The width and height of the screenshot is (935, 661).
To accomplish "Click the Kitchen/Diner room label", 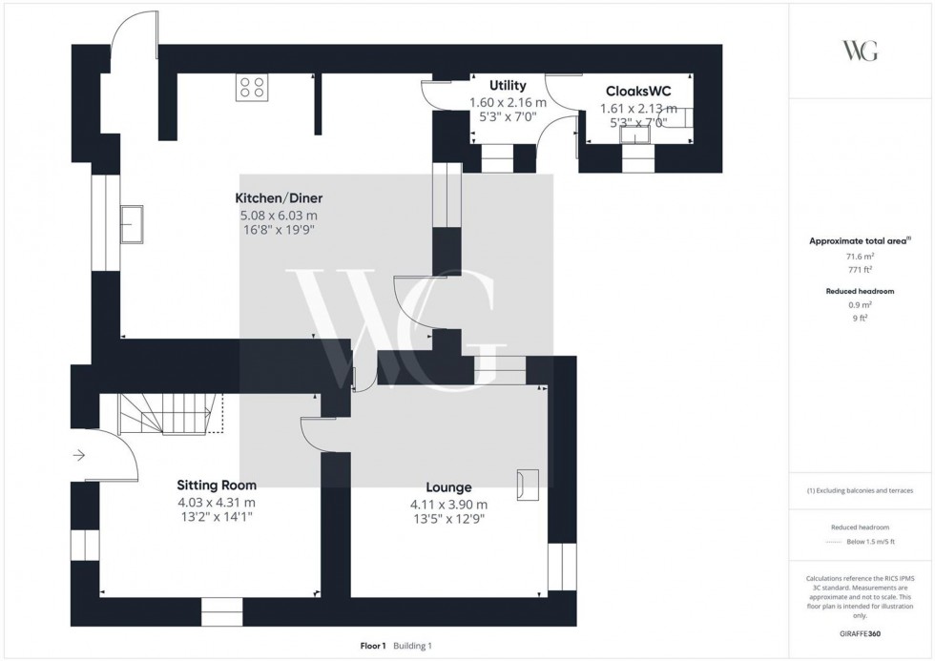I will (x=279, y=198).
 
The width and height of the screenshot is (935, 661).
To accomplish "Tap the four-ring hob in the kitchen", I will (x=252, y=87).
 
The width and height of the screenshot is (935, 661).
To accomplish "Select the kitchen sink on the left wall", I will (x=131, y=223).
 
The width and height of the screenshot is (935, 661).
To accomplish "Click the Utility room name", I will (x=508, y=86).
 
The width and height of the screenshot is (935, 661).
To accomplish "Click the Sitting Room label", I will (x=217, y=485).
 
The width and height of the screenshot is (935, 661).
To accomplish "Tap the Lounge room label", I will (x=448, y=487).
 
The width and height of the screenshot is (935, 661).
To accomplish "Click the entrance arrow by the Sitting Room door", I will (x=78, y=456).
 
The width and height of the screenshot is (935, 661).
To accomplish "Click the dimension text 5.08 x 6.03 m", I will (x=279, y=216).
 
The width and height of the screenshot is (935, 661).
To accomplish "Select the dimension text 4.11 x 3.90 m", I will (x=448, y=505).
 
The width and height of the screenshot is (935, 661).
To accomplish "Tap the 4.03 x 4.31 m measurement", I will (x=217, y=502).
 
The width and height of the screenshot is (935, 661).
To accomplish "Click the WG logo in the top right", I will (x=860, y=51).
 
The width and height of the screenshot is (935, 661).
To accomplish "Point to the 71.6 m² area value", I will (x=861, y=258).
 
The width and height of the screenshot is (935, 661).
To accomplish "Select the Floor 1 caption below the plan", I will (x=371, y=646).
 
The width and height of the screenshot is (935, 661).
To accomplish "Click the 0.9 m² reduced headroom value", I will (x=861, y=305).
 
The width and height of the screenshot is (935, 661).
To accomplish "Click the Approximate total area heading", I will (x=861, y=241).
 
